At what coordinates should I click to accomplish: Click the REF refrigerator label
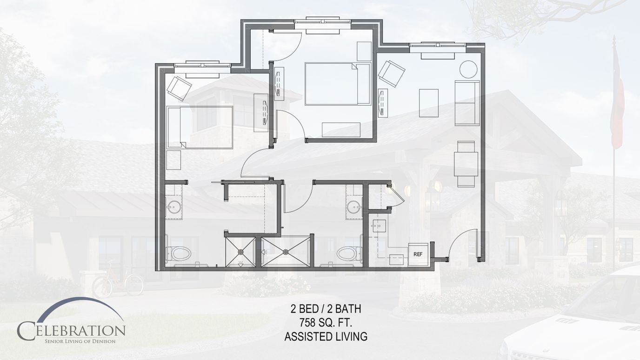pos(418,254)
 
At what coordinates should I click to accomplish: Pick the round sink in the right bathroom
pos(354,207)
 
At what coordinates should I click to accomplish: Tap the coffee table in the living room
pos(429,103)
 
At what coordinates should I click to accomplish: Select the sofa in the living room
pos(467,103)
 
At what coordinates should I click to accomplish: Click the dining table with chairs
pos(466,164)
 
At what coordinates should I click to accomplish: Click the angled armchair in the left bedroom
pos(179,88)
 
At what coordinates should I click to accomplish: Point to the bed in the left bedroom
pos(200,127)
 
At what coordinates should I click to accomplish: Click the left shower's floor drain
pos(241,252)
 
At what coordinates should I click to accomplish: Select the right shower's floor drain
pos(286,252)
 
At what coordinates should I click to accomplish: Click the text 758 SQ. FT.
pos(326,323)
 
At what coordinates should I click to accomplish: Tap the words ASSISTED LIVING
pos(326,337)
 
